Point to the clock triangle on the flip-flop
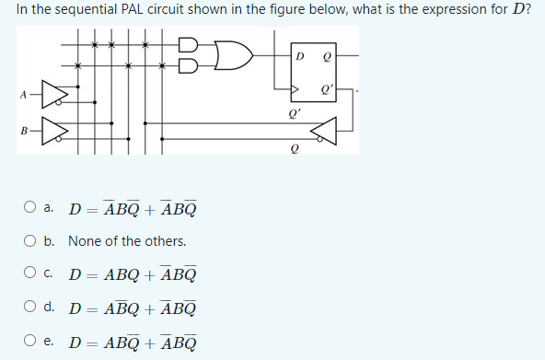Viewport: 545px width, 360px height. click(295, 91)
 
